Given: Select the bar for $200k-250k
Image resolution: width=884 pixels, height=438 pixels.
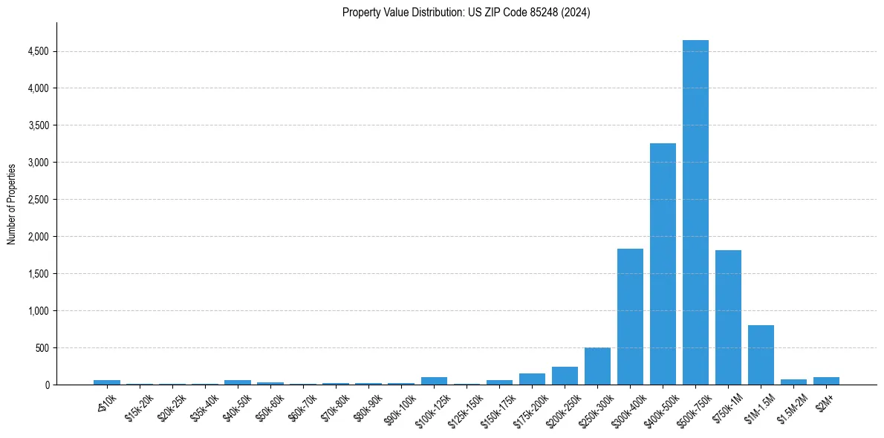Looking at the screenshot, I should (x=565, y=376).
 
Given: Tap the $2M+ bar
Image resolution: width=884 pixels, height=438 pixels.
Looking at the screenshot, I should (x=826, y=381).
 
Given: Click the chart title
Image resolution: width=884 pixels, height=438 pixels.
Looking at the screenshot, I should (x=466, y=13).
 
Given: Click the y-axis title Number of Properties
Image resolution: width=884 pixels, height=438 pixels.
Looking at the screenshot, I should (x=12, y=203).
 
